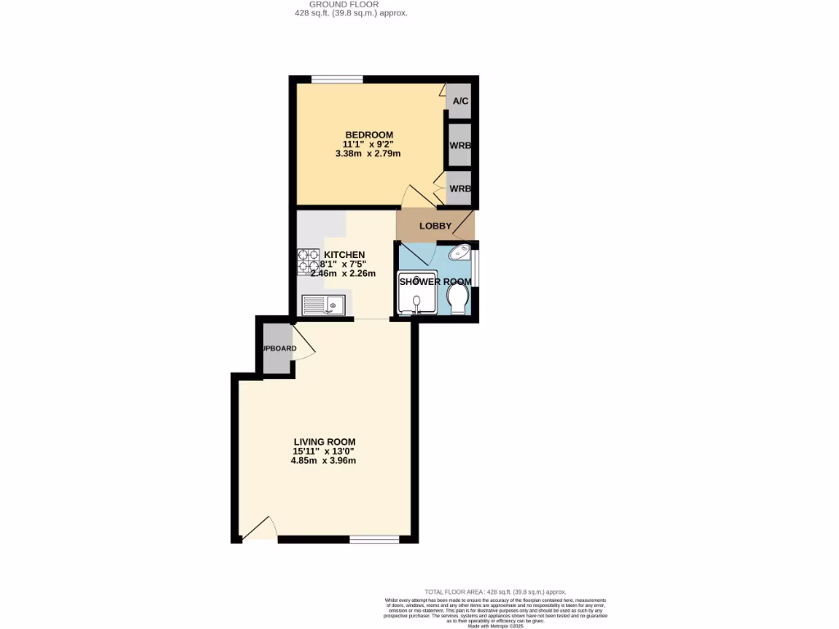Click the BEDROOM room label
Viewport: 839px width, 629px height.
[x=369, y=134]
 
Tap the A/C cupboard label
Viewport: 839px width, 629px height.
[x=460, y=102]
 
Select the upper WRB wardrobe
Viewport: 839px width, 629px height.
[x=460, y=145]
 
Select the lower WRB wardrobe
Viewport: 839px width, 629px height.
[x=460, y=188]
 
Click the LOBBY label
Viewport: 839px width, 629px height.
[x=435, y=226]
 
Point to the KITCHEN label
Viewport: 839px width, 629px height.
[x=344, y=255]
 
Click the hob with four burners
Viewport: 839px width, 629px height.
[x=308, y=260]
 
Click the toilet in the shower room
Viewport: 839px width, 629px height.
[x=457, y=298]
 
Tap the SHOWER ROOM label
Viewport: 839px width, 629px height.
[x=435, y=282]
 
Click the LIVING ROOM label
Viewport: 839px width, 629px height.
[x=325, y=441]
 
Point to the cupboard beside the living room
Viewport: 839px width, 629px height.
[x=277, y=349]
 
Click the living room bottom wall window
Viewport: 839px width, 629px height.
[x=374, y=539]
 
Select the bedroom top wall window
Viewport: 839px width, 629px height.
[x=337, y=79]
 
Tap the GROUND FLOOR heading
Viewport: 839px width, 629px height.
[x=350, y=4]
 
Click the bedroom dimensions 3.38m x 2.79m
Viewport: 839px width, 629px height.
[x=368, y=153]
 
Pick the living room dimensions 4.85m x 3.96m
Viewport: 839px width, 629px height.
[x=324, y=460]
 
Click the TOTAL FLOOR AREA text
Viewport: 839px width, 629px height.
[x=495, y=591]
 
